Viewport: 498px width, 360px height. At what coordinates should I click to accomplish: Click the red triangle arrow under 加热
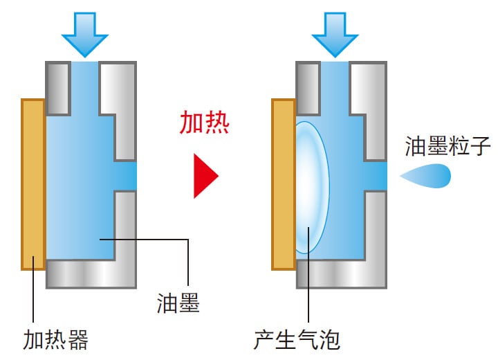tap(205, 176)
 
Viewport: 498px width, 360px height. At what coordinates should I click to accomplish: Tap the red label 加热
tap(204, 123)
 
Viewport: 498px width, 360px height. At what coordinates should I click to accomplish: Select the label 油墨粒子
tap(448, 146)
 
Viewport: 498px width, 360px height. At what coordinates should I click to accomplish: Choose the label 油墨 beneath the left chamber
tap(178, 303)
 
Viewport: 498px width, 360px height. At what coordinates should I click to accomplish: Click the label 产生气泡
tap(297, 340)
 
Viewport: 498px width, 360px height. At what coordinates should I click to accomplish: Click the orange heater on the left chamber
tap(33, 183)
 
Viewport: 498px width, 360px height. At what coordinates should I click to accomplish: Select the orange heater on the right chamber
tap(284, 183)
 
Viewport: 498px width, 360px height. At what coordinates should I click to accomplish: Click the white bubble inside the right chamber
tap(311, 187)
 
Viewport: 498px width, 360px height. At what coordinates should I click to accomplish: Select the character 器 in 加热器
tap(77, 340)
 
